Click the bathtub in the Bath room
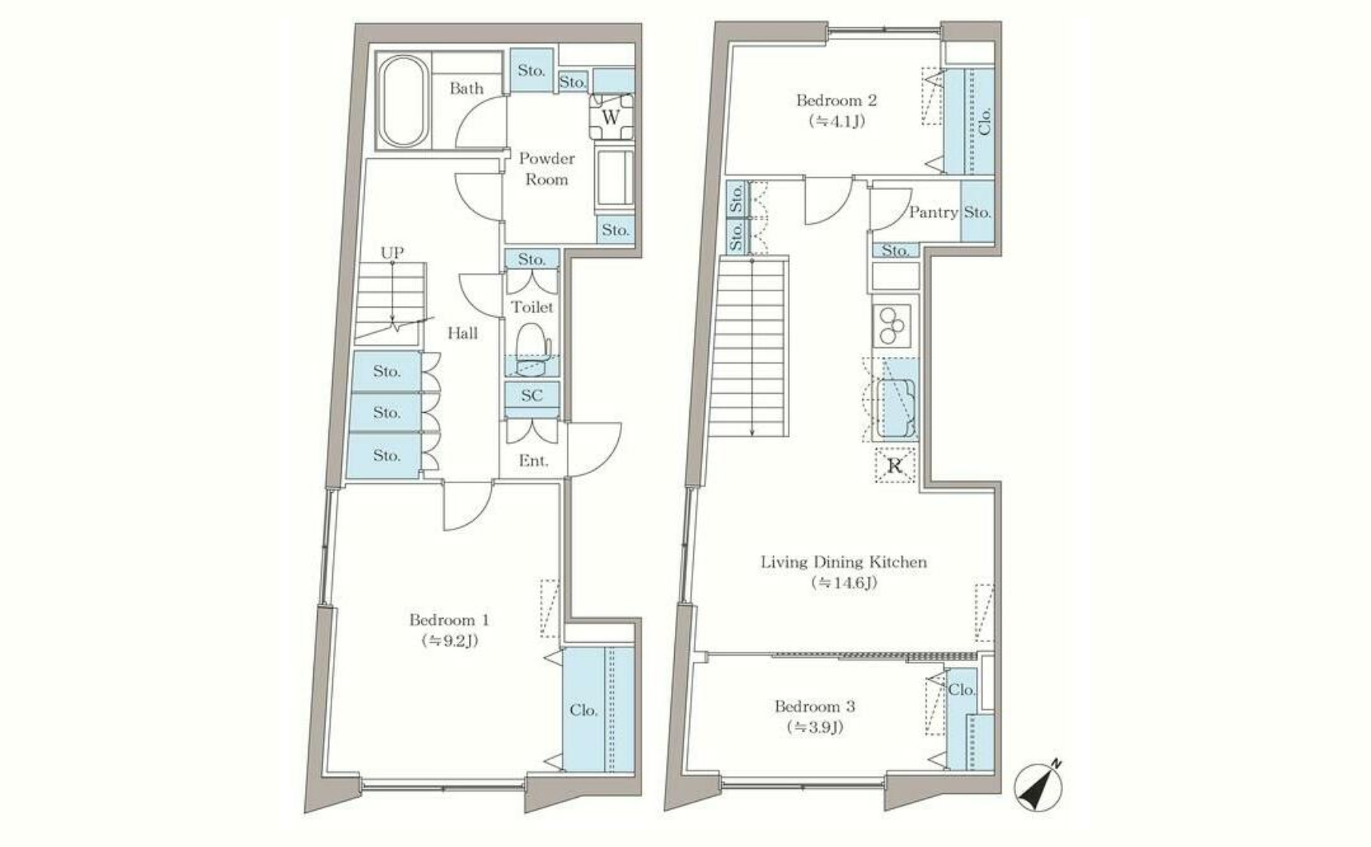click(x=403, y=102)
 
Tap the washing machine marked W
click(x=611, y=116)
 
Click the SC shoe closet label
click(x=532, y=395)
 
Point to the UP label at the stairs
click(x=392, y=252)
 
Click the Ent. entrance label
click(x=533, y=461)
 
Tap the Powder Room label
click(x=547, y=169)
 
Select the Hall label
click(x=462, y=333)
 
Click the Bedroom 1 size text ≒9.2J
click(x=449, y=641)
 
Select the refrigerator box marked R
click(x=895, y=465)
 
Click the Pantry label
click(x=933, y=213)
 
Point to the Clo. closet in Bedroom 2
click(x=968, y=122)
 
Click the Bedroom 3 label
click(x=815, y=706)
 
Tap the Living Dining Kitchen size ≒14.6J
click(x=844, y=583)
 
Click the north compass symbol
click(x=1039, y=786)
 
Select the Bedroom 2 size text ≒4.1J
click(x=837, y=121)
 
